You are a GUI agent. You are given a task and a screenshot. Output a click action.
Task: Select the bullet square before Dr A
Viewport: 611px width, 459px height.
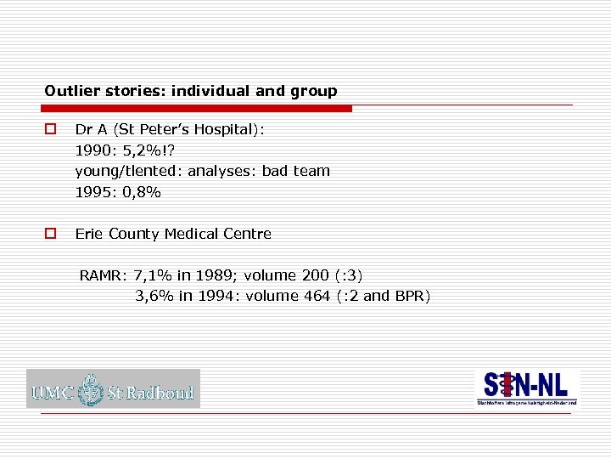50,130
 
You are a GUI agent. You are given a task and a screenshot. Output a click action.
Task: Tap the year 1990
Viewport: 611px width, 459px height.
92,150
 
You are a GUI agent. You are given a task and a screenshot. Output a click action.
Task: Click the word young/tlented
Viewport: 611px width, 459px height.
127,171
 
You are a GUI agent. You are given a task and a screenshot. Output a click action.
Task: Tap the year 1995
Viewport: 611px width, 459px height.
92,192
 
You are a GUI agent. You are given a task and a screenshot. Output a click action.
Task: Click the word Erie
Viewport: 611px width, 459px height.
90,234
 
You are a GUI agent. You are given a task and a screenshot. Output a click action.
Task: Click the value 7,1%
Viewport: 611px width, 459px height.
154,275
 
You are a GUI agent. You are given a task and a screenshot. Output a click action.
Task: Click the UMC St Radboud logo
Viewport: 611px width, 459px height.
113,388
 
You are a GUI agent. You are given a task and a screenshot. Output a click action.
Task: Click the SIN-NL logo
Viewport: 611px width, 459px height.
527,388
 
